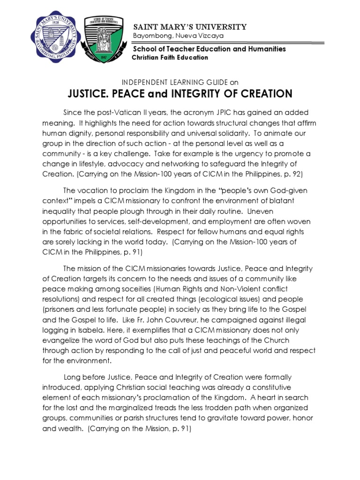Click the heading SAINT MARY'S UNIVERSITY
pyautogui.click(x=190, y=27)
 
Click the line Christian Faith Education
pyautogui.click(x=170, y=57)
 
